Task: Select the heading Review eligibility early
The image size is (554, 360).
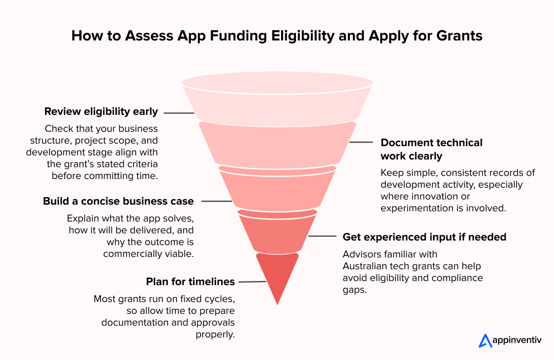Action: [101, 111]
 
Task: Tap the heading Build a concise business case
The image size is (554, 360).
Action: [118, 202]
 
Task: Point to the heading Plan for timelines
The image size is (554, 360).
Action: [190, 282]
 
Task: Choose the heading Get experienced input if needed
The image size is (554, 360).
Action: [424, 237]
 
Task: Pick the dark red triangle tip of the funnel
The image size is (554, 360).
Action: [277, 277]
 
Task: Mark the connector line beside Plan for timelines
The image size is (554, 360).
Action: [252, 282]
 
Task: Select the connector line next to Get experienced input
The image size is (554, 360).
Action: [323, 237]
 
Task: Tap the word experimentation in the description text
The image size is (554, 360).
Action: [411, 208]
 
